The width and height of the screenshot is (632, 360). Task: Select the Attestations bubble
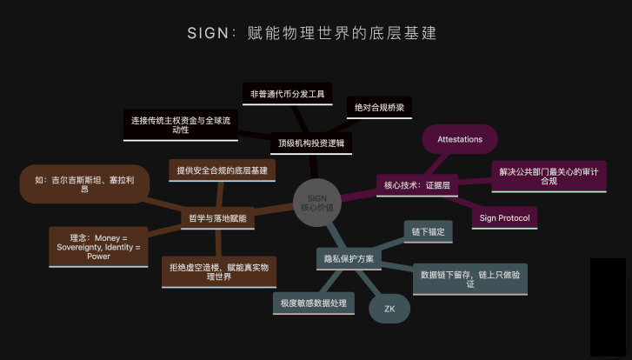(459, 139)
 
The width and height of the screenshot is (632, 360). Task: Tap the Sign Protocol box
(504, 217)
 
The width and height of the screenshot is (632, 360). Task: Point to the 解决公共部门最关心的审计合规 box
(548, 176)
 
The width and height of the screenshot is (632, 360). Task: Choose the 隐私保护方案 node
(349, 258)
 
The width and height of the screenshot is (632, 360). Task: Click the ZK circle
(389, 308)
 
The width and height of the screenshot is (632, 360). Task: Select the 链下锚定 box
(428, 232)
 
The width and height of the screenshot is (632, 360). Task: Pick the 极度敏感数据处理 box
(313, 303)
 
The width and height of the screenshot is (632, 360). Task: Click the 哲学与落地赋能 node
(216, 219)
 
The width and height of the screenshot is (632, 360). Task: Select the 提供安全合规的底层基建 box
(222, 170)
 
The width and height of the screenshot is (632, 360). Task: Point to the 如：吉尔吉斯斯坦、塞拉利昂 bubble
(84, 183)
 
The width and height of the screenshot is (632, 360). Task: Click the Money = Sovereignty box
(98, 247)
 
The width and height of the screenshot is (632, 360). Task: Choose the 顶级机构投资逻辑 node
(310, 142)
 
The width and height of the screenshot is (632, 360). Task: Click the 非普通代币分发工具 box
(286, 93)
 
